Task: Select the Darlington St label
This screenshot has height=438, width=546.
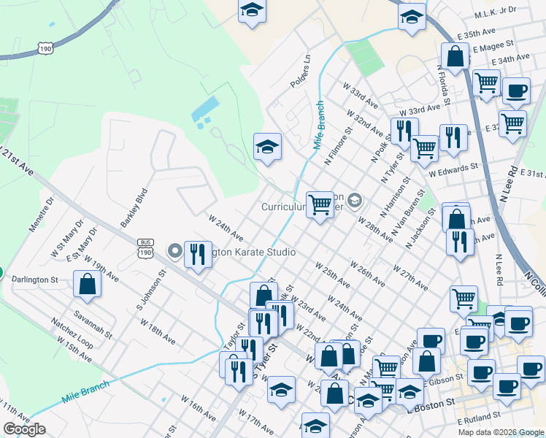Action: tap(34, 280)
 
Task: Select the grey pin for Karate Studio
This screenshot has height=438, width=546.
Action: tap(175, 252)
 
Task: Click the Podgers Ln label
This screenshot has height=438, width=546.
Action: tap(301, 70)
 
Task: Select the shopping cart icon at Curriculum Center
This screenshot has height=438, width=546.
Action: tap(320, 205)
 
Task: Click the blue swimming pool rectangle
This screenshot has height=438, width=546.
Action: tap(205, 109)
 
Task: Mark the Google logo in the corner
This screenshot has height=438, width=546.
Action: tap(24, 429)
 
